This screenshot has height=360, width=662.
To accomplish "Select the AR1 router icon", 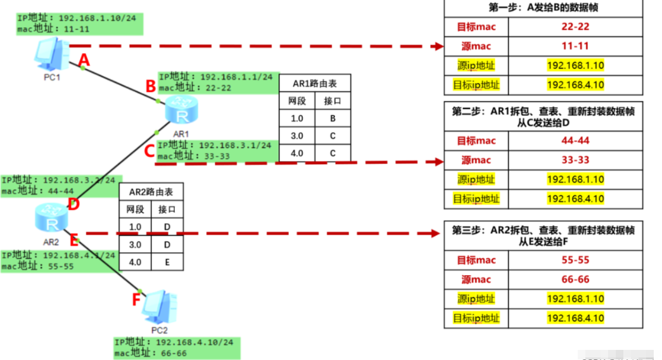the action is coord(181,112).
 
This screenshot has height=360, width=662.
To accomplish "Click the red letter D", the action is coord(73,204).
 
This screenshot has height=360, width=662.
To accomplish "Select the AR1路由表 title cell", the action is coord(315,83).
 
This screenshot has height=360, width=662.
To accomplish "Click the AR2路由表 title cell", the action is coord(151,192).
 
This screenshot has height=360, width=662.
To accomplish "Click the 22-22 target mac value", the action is coord(575,27).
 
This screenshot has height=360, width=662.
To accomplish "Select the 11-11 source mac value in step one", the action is coord(575,46).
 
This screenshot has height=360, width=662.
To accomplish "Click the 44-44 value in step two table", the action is coord(575,141).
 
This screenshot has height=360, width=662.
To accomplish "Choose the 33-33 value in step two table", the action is coord(575,160).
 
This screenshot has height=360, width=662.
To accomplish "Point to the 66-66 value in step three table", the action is coord(575,280).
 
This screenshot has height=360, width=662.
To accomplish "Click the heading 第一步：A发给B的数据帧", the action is coord(543,8).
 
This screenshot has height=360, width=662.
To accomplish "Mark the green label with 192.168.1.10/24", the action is coord(79,22).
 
